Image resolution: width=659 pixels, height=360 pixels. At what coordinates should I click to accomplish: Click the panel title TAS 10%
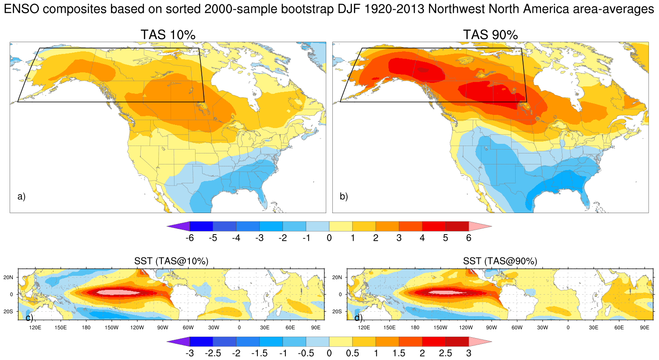(x=168, y=35)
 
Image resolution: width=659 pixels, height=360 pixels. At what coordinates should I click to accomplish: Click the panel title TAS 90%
(x=491, y=35)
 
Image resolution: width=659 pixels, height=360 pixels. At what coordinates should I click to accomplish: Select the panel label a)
(x=21, y=196)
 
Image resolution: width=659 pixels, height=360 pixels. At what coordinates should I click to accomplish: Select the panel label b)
(x=344, y=196)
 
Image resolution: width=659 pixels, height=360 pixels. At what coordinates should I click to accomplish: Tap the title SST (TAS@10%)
(x=171, y=261)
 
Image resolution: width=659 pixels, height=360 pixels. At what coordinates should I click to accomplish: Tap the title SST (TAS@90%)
(x=500, y=261)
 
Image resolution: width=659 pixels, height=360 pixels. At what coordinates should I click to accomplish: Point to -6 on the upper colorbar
(x=189, y=238)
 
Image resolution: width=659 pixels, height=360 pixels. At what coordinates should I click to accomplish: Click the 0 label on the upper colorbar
(x=329, y=238)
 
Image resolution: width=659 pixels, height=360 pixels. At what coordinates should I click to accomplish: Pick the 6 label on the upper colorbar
(x=469, y=238)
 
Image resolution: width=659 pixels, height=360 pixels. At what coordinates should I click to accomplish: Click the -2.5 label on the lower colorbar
(x=213, y=353)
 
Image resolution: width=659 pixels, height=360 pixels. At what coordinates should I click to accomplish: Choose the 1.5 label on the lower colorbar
(x=399, y=353)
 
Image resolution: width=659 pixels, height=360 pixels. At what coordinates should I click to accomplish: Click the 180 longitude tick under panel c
(x=86, y=328)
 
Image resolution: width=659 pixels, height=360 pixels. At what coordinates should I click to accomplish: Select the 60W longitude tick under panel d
(x=517, y=328)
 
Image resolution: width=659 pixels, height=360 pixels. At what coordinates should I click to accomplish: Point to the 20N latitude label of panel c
(x=8, y=277)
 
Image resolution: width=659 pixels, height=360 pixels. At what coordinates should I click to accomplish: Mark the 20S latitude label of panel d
(x=337, y=311)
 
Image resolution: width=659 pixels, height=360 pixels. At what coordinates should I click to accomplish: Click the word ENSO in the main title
(x=21, y=9)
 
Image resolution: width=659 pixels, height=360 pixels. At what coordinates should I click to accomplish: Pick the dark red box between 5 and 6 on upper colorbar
(x=457, y=226)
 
